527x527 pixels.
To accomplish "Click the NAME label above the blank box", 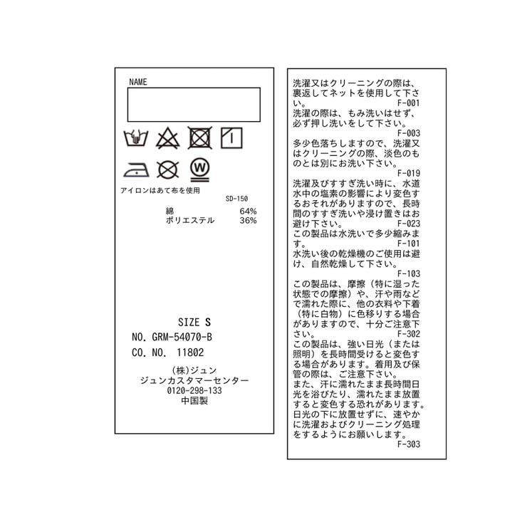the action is point(137,82).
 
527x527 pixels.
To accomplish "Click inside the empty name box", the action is point(194,105).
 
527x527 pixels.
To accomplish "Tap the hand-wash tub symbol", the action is point(136,137).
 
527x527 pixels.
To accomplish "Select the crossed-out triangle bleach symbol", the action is point(167,138).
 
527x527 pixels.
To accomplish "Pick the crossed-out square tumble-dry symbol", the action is point(200,137).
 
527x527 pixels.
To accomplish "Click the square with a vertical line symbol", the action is point(231,137).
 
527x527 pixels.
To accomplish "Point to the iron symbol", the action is point(136,169).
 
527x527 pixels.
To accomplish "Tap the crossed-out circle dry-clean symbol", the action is point(167,169).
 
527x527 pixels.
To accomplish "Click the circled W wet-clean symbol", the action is point(200,169).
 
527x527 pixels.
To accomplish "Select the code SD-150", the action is point(236,199).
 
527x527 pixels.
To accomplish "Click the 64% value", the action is point(248,212).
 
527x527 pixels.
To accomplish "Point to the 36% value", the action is point(248,221).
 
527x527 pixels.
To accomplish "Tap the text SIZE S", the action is point(194,323).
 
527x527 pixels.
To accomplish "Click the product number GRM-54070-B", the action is point(182,337).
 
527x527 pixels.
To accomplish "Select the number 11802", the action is point(190,353).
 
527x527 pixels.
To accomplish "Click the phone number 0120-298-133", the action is point(194,390).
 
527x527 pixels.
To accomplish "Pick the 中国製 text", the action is point(194,401).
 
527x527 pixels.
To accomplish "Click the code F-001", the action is point(409,103).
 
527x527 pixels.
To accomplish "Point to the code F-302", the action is point(409,334).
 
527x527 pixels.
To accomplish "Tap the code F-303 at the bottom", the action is point(409,444).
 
